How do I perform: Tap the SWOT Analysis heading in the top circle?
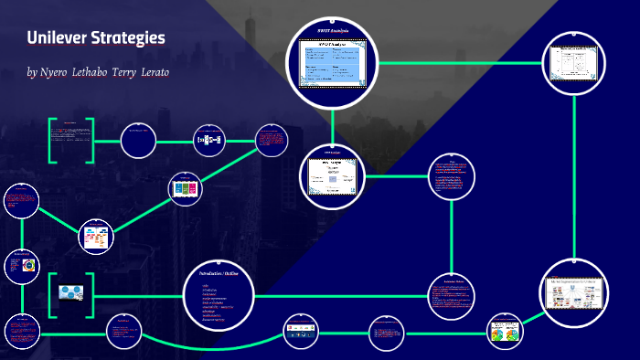click(x=333, y=33)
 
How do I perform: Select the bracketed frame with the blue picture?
click(x=71, y=291)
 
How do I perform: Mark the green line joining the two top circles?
click(x=461, y=63)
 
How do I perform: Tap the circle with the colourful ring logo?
click(x=23, y=266)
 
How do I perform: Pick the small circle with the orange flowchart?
click(x=95, y=236)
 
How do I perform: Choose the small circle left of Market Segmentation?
click(x=506, y=331)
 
